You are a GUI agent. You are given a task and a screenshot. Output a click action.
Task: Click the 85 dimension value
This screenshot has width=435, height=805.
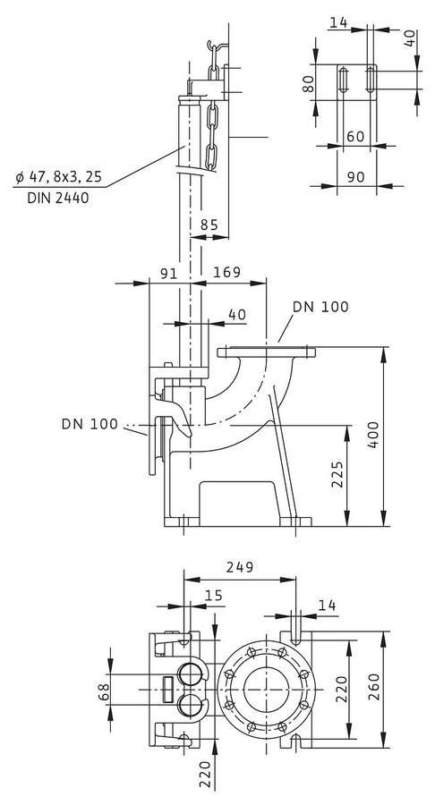pos(209,225)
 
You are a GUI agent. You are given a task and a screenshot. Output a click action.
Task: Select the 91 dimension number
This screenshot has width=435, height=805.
pos(168,273)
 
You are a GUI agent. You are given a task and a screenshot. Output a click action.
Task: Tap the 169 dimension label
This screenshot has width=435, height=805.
pos(227,272)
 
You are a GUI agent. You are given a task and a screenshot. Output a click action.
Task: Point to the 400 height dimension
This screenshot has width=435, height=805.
pos(373,435)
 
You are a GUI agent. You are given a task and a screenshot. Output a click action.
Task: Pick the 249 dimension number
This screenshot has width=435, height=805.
pos(241,567)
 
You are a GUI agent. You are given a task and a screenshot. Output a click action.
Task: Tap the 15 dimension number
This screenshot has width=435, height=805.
pos(214,596)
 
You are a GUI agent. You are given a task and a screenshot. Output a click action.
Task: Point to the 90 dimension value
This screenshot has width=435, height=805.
pos(355,176)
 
